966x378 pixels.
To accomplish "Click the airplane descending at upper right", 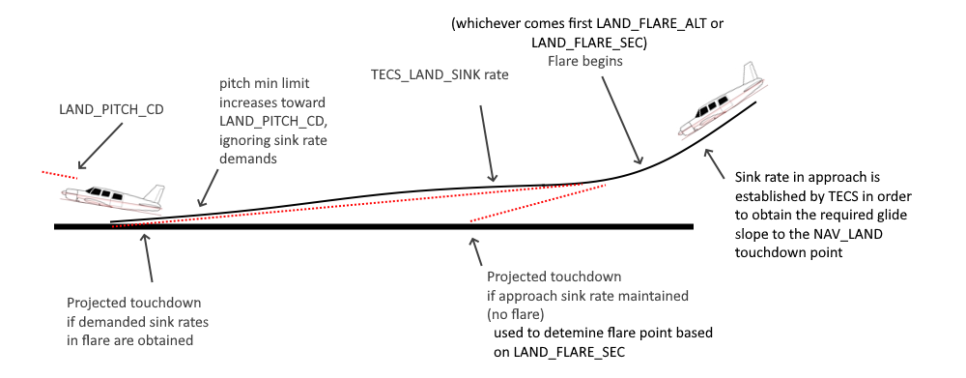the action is coord(721,102).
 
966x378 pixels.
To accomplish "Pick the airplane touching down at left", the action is coord(113,197).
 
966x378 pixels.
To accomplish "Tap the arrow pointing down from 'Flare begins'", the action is coord(622,121).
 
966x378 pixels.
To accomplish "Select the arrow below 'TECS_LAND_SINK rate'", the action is coord(486,144).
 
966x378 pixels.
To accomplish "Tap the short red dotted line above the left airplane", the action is coord(60,175).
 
